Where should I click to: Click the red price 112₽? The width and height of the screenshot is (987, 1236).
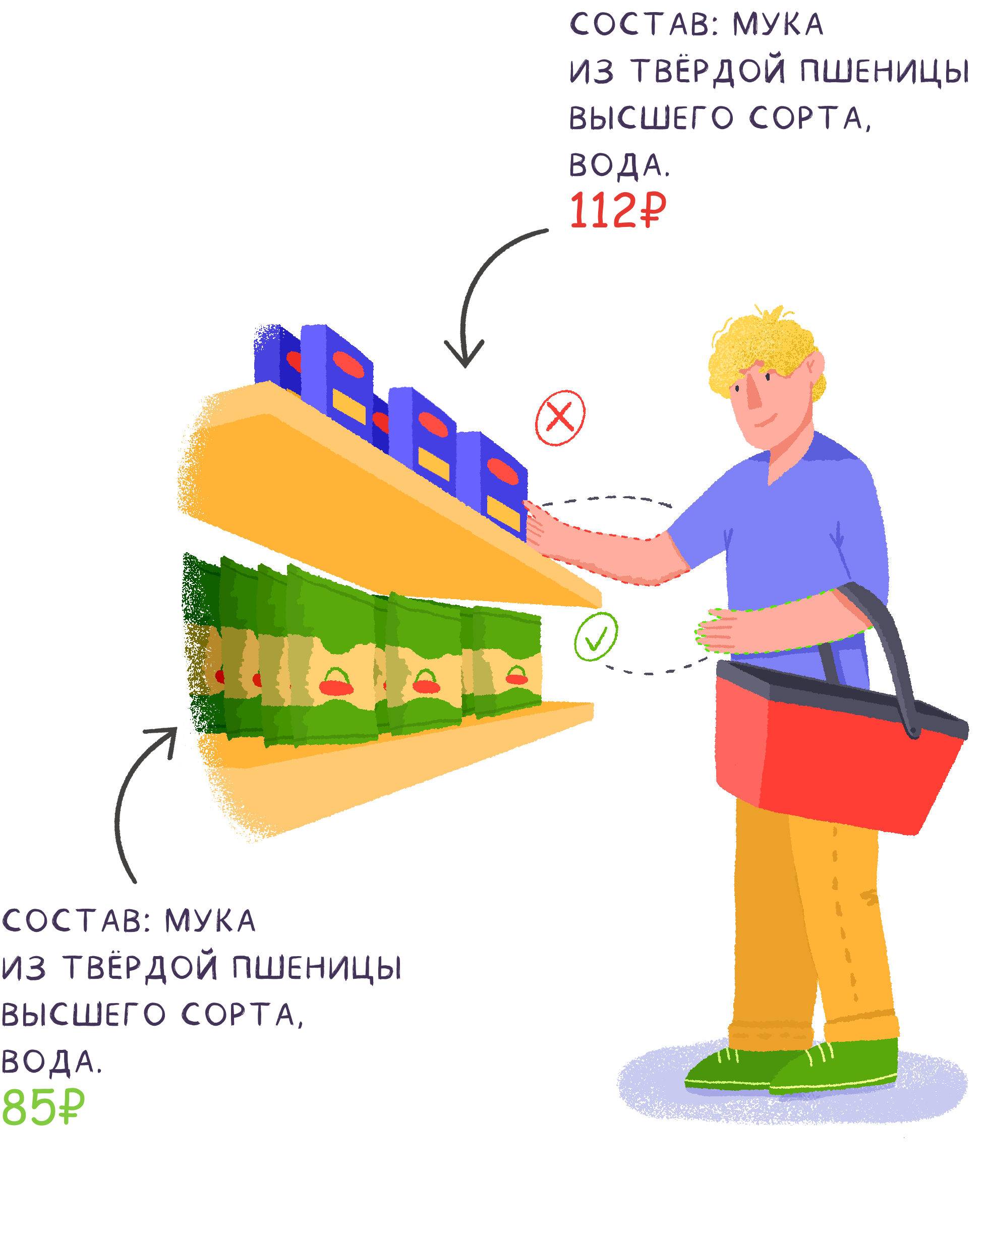(x=617, y=210)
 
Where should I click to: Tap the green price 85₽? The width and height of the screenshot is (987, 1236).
(x=42, y=1106)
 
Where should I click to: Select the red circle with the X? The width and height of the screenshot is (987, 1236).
(x=560, y=418)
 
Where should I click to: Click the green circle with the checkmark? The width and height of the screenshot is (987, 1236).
(x=596, y=636)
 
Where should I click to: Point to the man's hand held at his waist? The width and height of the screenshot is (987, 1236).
(x=717, y=631)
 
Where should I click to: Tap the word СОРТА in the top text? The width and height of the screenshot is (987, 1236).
(x=808, y=118)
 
